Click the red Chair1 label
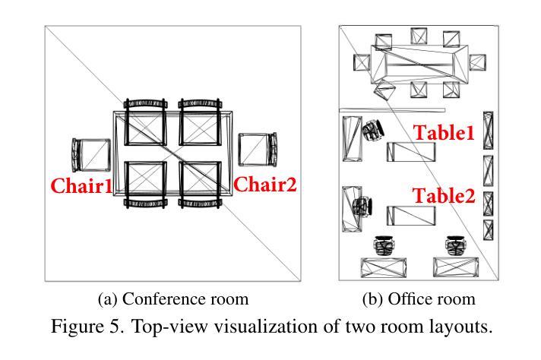[x=81, y=185]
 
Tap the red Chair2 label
[x=264, y=185]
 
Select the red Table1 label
[x=444, y=133]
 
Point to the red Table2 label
[x=444, y=196]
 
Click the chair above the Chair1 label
[x=90, y=155]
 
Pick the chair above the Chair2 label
[x=257, y=150]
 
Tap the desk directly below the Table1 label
[x=413, y=152]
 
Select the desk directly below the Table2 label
[x=413, y=215]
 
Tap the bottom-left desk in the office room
[x=383, y=267]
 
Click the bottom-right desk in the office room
[x=455, y=267]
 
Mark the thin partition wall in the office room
[x=372, y=110]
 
